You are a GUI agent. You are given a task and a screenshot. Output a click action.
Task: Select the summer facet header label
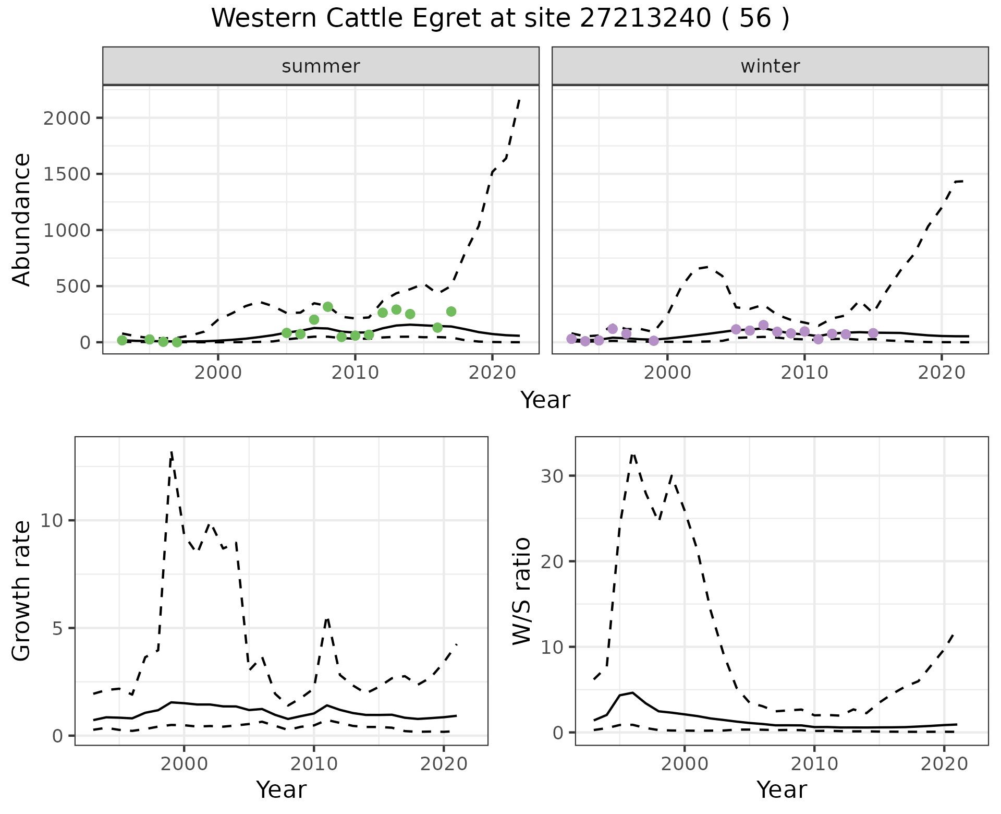point(321,66)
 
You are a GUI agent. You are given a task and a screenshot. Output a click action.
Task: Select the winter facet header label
point(770,66)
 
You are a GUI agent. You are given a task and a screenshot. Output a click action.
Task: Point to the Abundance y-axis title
point(22,219)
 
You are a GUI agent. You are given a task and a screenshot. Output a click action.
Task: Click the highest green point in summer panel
point(328,307)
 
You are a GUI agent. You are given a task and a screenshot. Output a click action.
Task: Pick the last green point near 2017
point(451,312)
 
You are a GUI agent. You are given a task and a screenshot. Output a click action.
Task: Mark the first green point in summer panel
point(122,340)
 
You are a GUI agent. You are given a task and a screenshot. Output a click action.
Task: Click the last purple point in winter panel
point(873,333)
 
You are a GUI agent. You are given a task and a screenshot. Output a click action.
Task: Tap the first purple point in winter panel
point(571,339)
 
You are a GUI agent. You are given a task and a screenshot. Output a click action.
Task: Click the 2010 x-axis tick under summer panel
point(355,373)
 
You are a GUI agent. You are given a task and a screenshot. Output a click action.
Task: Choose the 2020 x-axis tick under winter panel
point(942,373)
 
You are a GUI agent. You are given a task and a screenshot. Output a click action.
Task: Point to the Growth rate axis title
point(22,591)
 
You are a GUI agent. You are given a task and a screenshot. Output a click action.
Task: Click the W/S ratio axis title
point(522,591)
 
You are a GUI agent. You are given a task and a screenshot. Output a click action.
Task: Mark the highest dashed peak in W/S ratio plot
point(633,454)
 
